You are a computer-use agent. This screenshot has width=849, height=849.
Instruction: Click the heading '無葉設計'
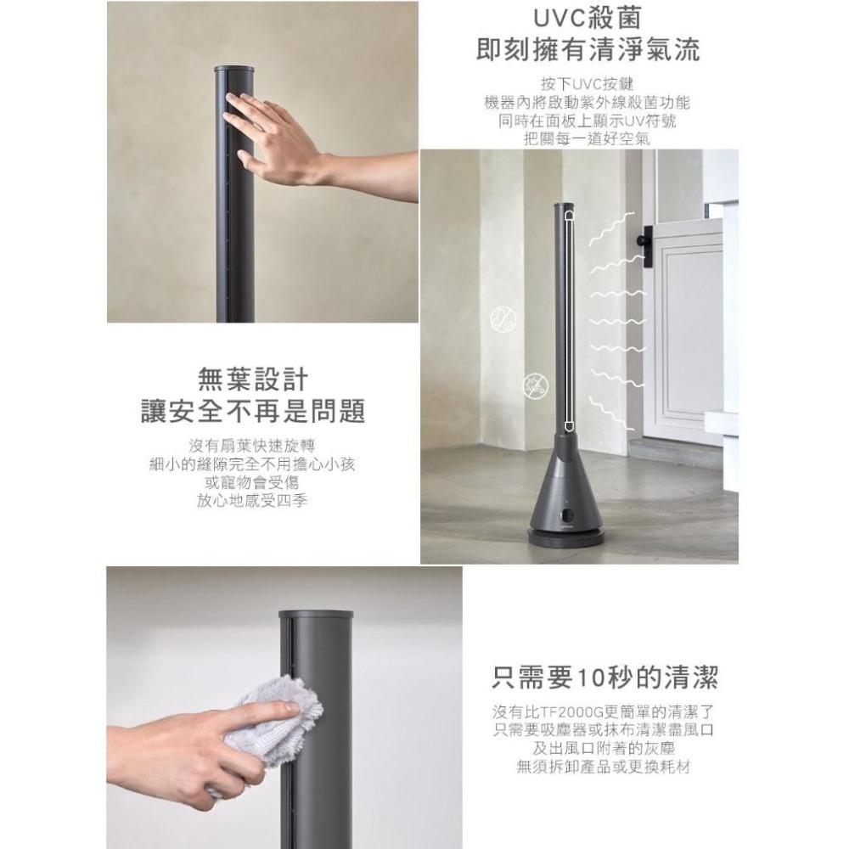coord(252,378)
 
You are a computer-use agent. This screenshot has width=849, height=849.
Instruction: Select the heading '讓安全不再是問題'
coord(252,413)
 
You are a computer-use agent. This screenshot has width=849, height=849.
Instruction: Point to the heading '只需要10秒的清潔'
coord(605,678)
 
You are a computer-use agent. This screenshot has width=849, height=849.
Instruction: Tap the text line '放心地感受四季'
coord(252,500)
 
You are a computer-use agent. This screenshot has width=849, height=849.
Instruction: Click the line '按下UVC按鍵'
coord(587,84)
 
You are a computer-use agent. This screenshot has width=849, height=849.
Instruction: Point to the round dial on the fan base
coord(565,516)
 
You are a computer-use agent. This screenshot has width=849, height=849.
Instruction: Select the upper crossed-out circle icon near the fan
coord(500,319)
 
